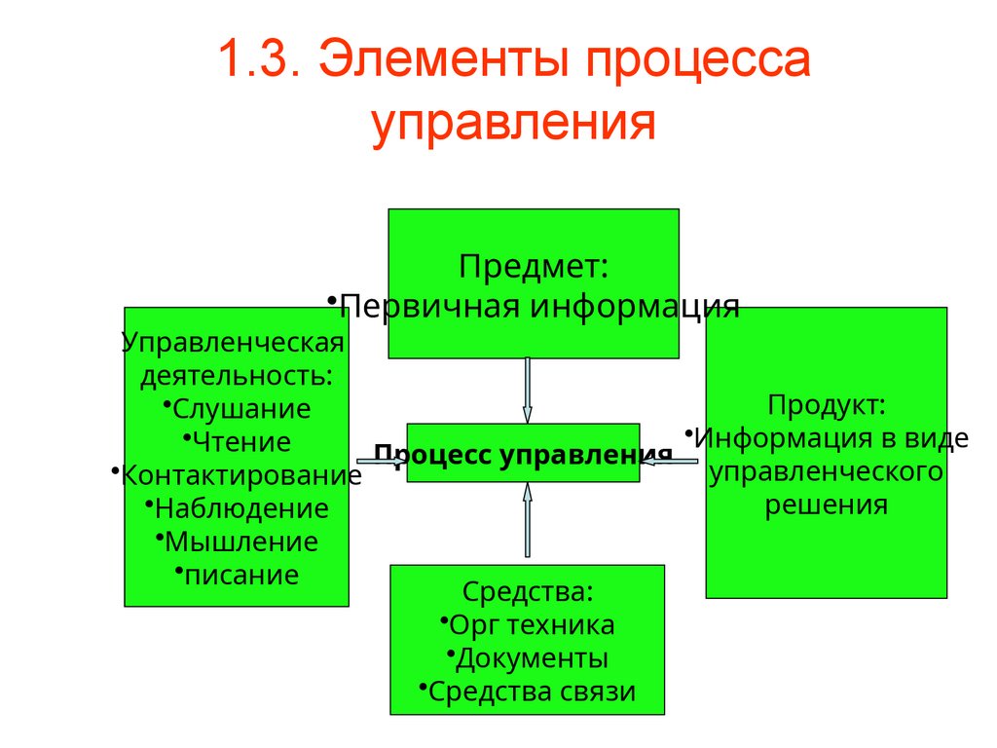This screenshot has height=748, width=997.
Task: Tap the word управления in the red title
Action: pyautogui.click(x=513, y=124)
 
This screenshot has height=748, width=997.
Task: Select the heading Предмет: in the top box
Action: pyautogui.click(x=534, y=265)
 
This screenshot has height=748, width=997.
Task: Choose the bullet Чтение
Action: pyautogui.click(x=241, y=442)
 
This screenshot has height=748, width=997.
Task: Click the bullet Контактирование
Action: pyautogui.click(x=241, y=475)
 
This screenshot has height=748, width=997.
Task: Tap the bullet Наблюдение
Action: pyautogui.click(x=240, y=508)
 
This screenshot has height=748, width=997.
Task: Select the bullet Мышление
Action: pyautogui.click(x=240, y=542)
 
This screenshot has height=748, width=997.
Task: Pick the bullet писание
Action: pyautogui.click(x=240, y=575)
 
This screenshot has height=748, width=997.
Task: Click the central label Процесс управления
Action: pyautogui.click(x=524, y=454)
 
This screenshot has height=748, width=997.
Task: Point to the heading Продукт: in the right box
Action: pyautogui.click(x=826, y=404)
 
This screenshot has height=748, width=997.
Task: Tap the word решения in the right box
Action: pyautogui.click(x=826, y=505)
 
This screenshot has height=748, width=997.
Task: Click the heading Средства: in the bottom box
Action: pyautogui.click(x=528, y=591)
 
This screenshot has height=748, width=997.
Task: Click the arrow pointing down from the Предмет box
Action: pyautogui.click(x=528, y=390)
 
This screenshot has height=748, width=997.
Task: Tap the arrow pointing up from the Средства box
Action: pyautogui.click(x=528, y=521)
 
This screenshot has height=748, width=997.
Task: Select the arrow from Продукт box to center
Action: pyautogui.click(x=670, y=461)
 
